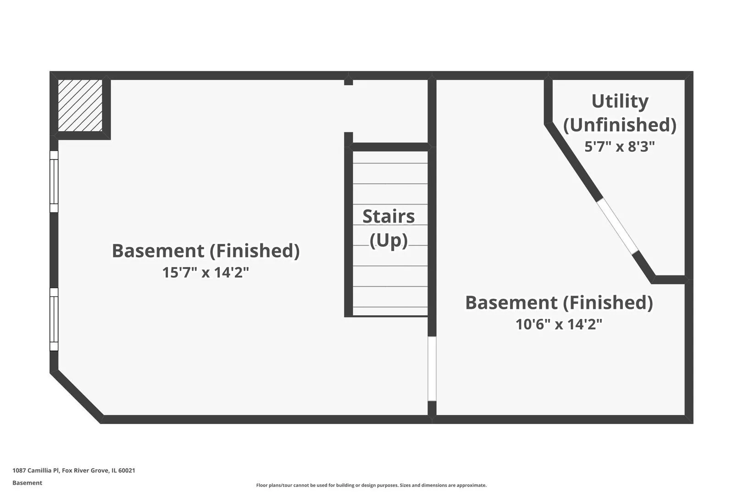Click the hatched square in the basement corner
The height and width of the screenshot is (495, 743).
(x=80, y=105)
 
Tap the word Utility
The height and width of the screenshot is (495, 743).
(x=620, y=101)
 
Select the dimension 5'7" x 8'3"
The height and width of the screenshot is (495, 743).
(x=620, y=146)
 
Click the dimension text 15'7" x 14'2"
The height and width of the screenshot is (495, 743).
(x=205, y=273)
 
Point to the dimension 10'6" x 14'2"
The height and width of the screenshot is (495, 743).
(x=559, y=324)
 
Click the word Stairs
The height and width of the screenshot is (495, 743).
(x=388, y=216)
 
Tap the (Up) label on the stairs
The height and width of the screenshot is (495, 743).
(x=388, y=240)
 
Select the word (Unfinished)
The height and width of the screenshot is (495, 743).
(x=620, y=125)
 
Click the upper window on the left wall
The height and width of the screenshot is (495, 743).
(x=54, y=181)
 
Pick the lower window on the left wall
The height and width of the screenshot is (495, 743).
(x=54, y=319)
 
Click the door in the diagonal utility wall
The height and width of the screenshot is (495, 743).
(x=617, y=226)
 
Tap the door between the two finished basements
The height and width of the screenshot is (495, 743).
(x=432, y=368)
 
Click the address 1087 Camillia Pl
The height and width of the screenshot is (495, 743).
(x=36, y=470)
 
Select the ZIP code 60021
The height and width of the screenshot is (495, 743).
(x=127, y=470)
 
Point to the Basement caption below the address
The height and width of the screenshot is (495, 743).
(x=27, y=483)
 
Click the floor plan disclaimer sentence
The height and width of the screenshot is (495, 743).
(x=371, y=485)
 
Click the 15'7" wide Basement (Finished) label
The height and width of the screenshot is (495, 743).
(x=205, y=251)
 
